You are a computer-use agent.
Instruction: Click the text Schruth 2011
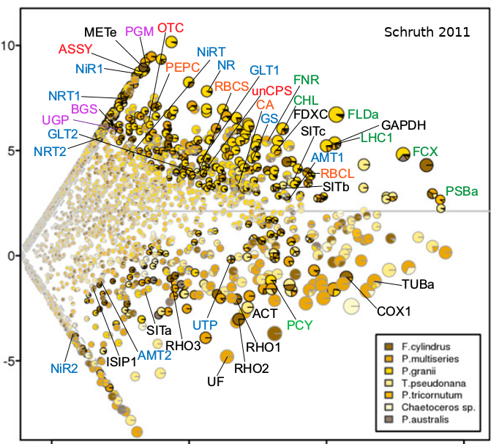coord(427,32)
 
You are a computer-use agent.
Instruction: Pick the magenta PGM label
coord(139,31)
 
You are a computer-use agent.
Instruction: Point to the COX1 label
coord(394,310)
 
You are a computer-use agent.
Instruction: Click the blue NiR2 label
coord(64,368)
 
